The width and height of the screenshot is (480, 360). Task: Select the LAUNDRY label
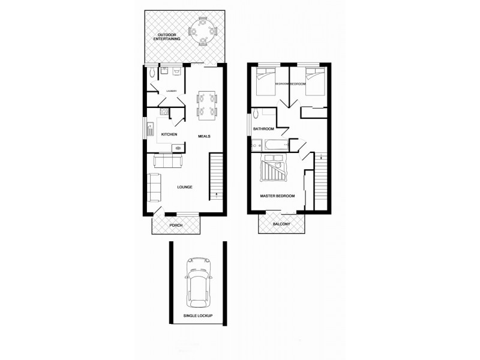[172, 91]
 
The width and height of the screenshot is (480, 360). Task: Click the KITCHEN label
[169, 134]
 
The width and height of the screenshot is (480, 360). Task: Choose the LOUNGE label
[184, 187]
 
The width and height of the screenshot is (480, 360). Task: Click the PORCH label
[176, 225]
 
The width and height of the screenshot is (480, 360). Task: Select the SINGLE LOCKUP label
[197, 315]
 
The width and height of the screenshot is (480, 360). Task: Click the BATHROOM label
[263, 128]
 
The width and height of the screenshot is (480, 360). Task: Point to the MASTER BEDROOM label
[277, 196]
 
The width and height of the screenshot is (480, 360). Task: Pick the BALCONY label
[281, 224]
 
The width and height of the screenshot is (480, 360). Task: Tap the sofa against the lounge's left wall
[153, 187]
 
